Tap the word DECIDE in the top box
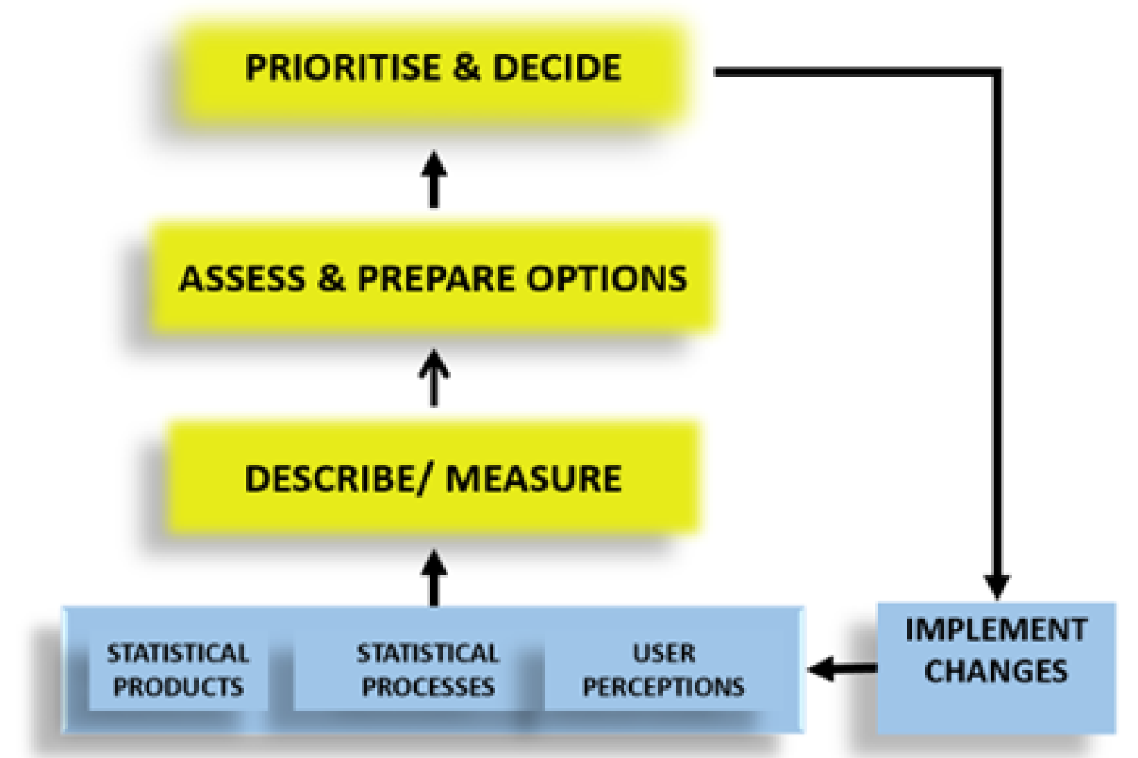[557, 68]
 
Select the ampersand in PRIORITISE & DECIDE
[467, 68]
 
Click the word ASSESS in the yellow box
[242, 279]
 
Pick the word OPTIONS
[607, 279]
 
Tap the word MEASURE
[533, 479]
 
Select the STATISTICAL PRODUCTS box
[178, 670]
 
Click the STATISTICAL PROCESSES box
[428, 670]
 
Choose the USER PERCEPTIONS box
[664, 670]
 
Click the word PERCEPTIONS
[664, 687]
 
